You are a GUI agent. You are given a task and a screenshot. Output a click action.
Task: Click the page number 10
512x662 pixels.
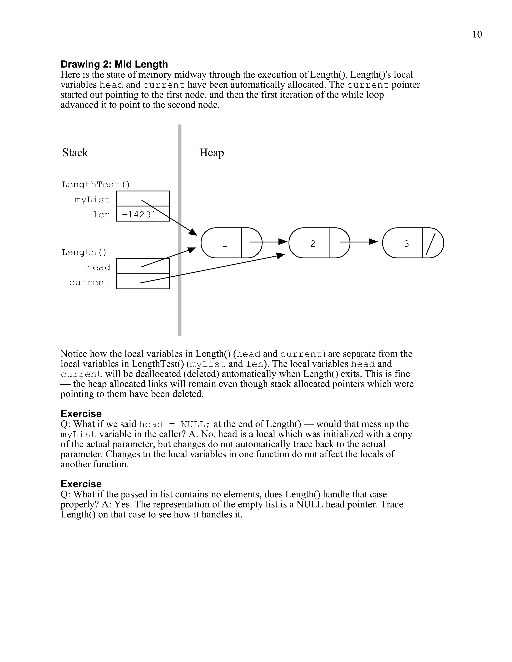pos(477,34)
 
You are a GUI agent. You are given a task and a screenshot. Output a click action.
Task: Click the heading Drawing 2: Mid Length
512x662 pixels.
pos(114,64)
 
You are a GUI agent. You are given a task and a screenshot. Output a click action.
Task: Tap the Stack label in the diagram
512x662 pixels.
pos(75,152)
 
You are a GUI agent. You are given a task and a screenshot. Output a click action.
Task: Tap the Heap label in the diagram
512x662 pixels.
pos(212,152)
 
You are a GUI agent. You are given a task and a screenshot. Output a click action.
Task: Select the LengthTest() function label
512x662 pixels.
pos(96,184)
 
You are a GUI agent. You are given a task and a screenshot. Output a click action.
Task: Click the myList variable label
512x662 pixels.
pos(92,199)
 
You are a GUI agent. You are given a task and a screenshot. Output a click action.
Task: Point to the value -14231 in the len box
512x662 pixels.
pos(139,214)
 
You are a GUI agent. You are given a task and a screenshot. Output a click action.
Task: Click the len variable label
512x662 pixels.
pos(101,214)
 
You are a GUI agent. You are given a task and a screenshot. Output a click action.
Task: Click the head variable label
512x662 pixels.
pos(98,267)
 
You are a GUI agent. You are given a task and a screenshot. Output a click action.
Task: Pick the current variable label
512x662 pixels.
pos(89,282)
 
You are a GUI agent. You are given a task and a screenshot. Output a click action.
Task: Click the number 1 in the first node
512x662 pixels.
pos(225,243)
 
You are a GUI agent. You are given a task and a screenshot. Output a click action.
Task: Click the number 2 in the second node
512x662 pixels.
pos(313,243)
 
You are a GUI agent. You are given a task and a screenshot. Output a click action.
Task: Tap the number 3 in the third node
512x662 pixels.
pos(406,243)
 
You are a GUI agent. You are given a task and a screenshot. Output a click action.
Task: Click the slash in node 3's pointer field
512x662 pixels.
pos(431,243)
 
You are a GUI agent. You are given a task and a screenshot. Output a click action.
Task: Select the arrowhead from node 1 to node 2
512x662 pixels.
pos(283,242)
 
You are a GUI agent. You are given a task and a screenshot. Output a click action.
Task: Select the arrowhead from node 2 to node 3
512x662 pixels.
pos(373,242)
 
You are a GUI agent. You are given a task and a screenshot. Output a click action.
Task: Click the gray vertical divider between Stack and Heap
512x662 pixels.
pos(180,230)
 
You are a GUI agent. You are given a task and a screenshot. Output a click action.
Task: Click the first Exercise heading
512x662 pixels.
pos(81,414)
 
